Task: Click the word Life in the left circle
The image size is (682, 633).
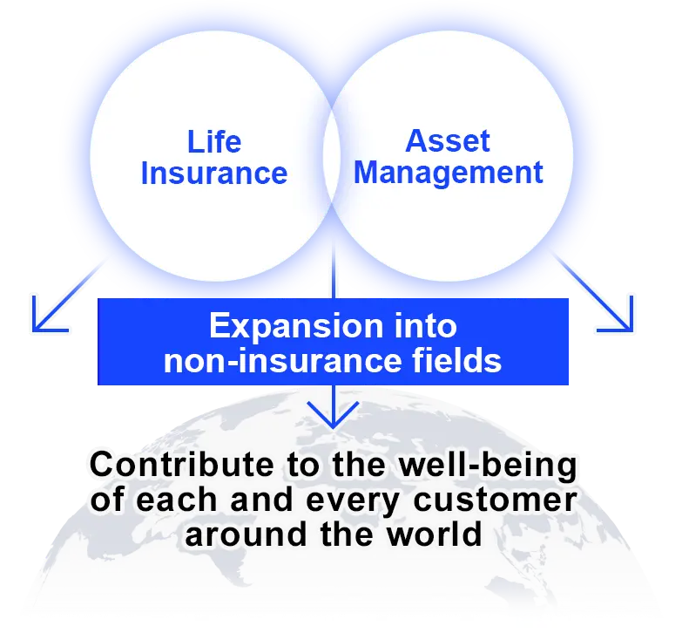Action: click(x=214, y=142)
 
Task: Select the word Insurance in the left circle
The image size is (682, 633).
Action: click(x=214, y=173)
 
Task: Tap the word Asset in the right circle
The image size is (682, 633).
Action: click(x=448, y=141)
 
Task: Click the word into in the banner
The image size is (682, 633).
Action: click(x=422, y=327)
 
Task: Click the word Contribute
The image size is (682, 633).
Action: click(x=168, y=466)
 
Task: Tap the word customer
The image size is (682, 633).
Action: click(x=503, y=500)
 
